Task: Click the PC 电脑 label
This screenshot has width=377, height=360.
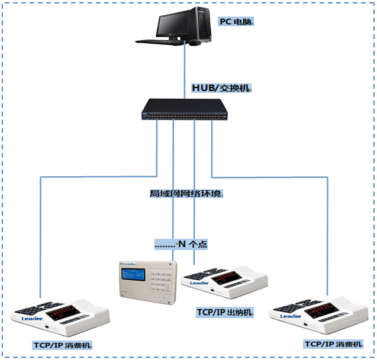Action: tap(236, 22)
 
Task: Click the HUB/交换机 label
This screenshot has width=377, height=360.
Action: tap(221, 88)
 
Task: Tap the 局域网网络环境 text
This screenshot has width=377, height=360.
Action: tap(186, 193)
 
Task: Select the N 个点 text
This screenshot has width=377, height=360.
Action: tap(181, 244)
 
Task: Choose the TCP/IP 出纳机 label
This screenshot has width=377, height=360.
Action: tap(225, 312)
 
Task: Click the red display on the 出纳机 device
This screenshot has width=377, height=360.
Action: tap(227, 276)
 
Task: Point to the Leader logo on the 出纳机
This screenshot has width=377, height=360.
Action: tap(200, 283)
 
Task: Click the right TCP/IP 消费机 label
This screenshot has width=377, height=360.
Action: tap(332, 343)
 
